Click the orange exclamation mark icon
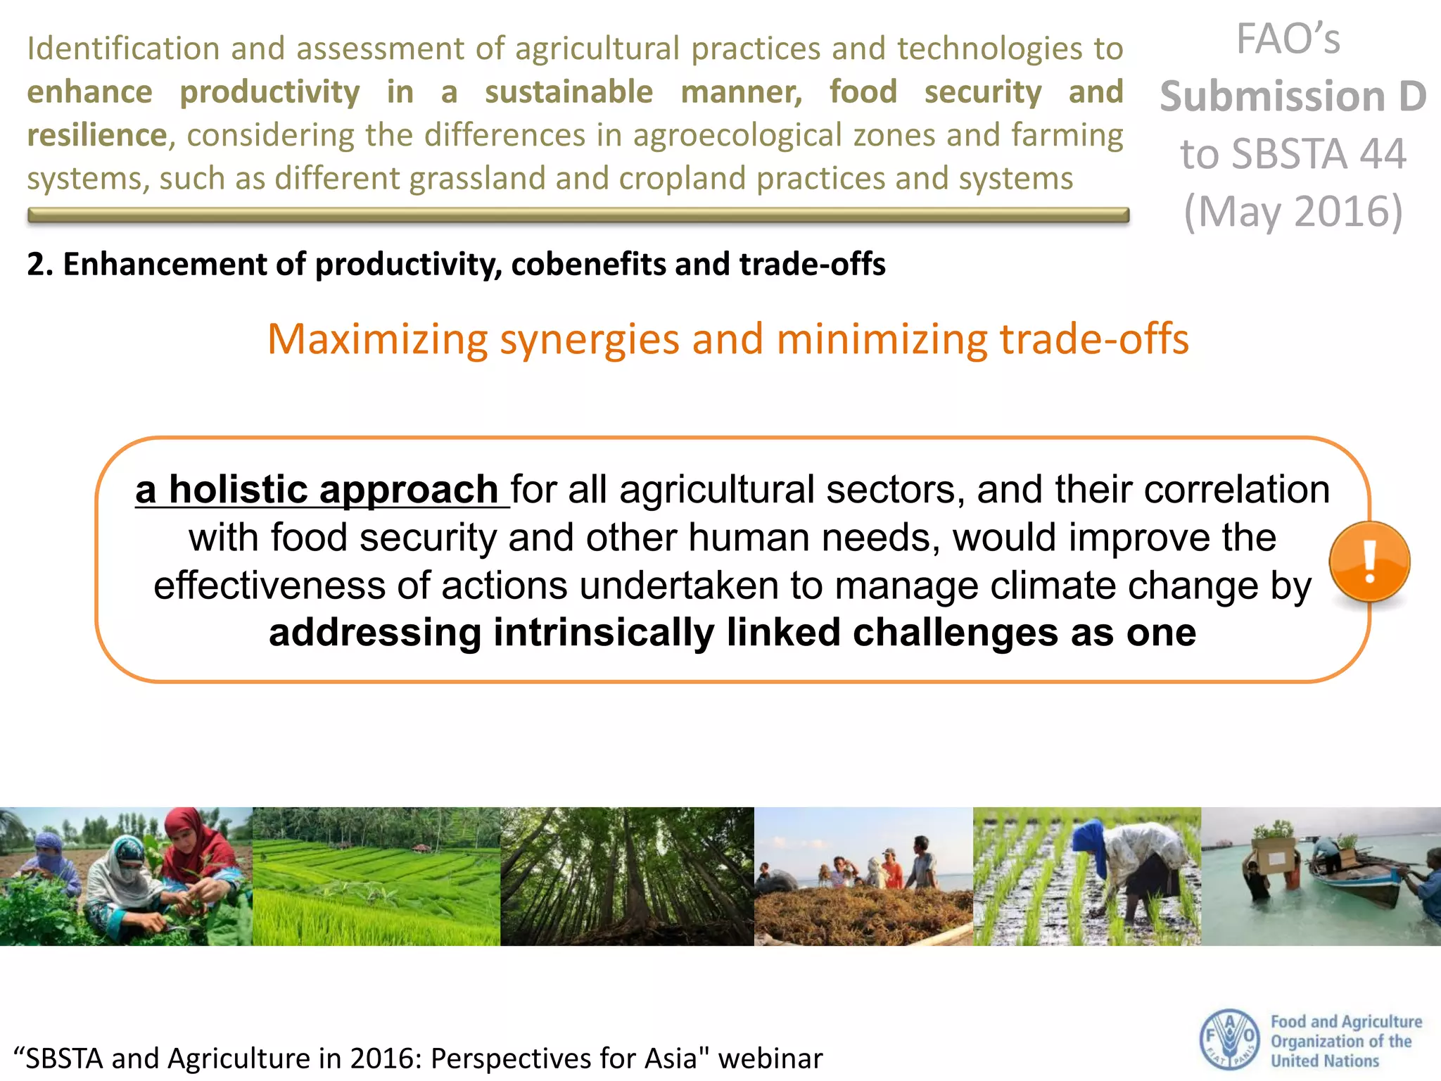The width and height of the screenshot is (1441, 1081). (1369, 562)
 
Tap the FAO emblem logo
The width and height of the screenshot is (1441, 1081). (1229, 1039)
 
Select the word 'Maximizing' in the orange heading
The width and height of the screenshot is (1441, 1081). (377, 339)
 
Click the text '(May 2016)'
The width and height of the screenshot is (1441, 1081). (1293, 211)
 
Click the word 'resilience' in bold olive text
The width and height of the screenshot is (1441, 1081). (97, 135)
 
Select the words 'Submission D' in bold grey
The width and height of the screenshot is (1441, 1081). (1293, 96)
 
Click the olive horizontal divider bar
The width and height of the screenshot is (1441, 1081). (577, 215)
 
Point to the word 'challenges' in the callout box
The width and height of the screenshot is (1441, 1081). (955, 633)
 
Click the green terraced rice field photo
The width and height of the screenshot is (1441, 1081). (376, 876)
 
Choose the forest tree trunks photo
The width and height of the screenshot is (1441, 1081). (626, 876)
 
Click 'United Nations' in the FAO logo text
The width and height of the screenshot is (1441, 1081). (1324, 1061)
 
